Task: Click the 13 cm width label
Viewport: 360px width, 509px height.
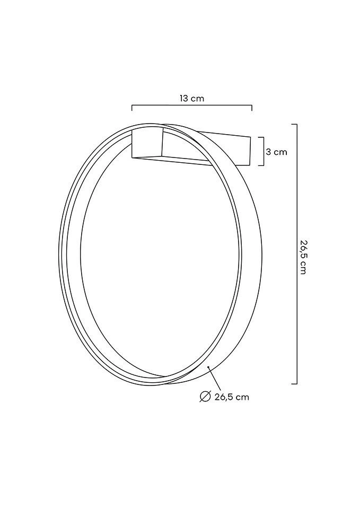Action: [x=191, y=98]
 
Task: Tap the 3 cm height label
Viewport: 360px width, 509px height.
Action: [x=276, y=152]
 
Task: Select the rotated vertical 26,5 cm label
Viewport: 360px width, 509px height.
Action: [x=303, y=257]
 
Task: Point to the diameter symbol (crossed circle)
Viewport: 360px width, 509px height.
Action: [x=205, y=397]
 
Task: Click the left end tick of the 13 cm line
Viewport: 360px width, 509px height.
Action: [x=132, y=108]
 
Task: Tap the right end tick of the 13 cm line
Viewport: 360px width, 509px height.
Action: [x=252, y=108]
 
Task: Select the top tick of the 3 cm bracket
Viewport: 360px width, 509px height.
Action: [x=261, y=137]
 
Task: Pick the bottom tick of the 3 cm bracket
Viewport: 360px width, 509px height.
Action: [x=261, y=165]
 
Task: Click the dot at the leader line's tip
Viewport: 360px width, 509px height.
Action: [x=208, y=366]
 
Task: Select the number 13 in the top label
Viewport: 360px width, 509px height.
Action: [x=184, y=98]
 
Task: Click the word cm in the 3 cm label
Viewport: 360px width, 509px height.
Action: [x=280, y=152]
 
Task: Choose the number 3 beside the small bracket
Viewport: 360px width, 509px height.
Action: [x=268, y=152]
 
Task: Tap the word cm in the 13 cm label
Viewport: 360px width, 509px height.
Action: [x=197, y=98]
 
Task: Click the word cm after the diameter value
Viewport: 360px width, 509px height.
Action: [x=243, y=397]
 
